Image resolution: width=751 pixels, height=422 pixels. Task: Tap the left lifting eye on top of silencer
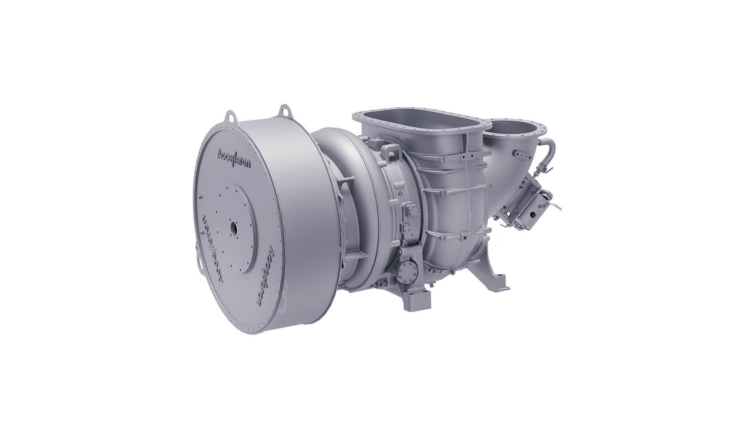coord(230,116)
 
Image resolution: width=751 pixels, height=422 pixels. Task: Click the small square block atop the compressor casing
coord(375,141)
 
